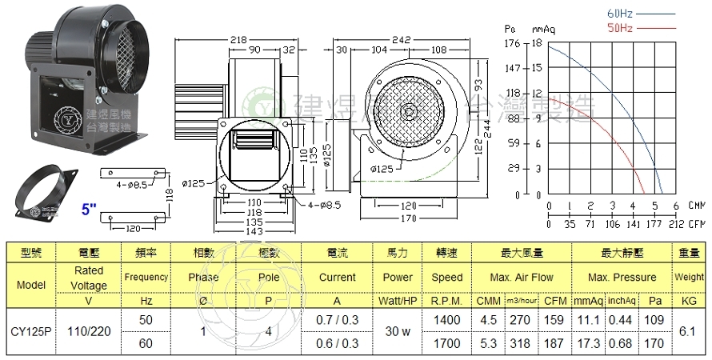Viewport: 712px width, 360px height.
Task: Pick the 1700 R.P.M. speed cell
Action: point(446,343)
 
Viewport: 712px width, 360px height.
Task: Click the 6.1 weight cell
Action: point(690,329)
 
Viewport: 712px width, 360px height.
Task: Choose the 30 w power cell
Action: point(398,329)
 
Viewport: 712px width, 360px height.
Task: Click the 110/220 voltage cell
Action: point(89,329)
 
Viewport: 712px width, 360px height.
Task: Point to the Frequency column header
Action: point(146,278)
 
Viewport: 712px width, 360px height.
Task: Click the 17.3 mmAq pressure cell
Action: point(588,343)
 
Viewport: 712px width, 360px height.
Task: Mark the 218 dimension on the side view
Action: point(238,39)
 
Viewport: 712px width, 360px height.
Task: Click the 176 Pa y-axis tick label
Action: point(514,45)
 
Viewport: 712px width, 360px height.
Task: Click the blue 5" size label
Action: point(90,210)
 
